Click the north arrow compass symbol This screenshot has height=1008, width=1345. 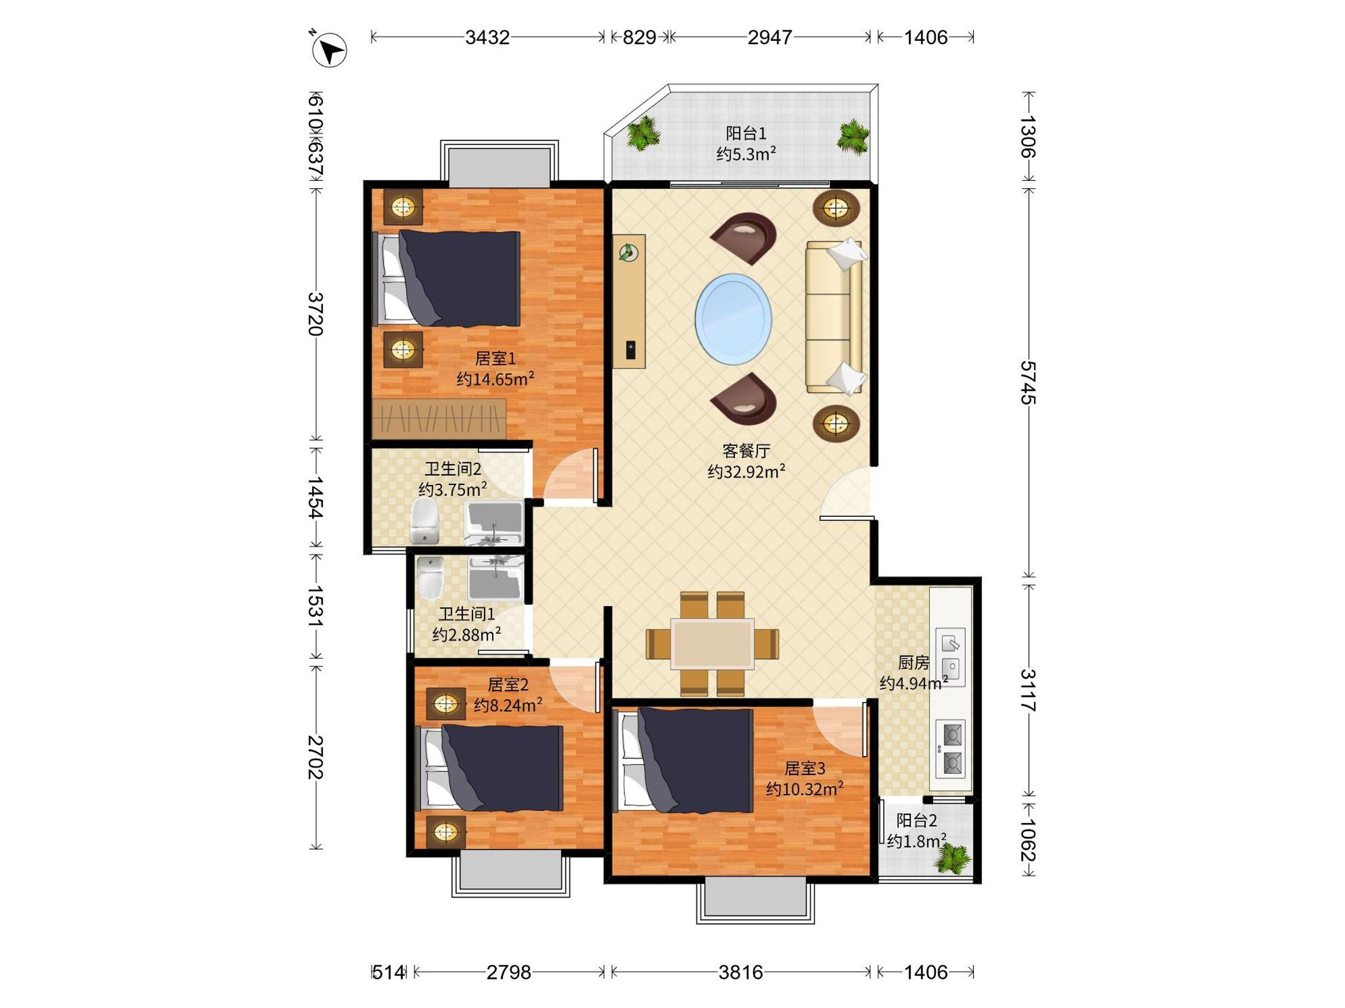329,49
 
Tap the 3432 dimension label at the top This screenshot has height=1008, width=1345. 487,38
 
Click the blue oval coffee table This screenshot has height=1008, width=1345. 733,319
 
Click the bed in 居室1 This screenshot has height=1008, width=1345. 446,278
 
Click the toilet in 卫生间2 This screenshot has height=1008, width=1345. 425,521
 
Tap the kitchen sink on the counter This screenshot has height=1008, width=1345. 950,657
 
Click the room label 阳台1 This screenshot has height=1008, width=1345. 746,133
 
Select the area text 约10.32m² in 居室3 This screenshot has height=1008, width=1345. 804,788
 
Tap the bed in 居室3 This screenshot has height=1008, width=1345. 684,760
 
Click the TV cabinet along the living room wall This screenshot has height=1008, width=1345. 629,301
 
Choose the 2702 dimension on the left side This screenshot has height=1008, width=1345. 315,757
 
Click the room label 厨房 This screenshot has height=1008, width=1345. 913,662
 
